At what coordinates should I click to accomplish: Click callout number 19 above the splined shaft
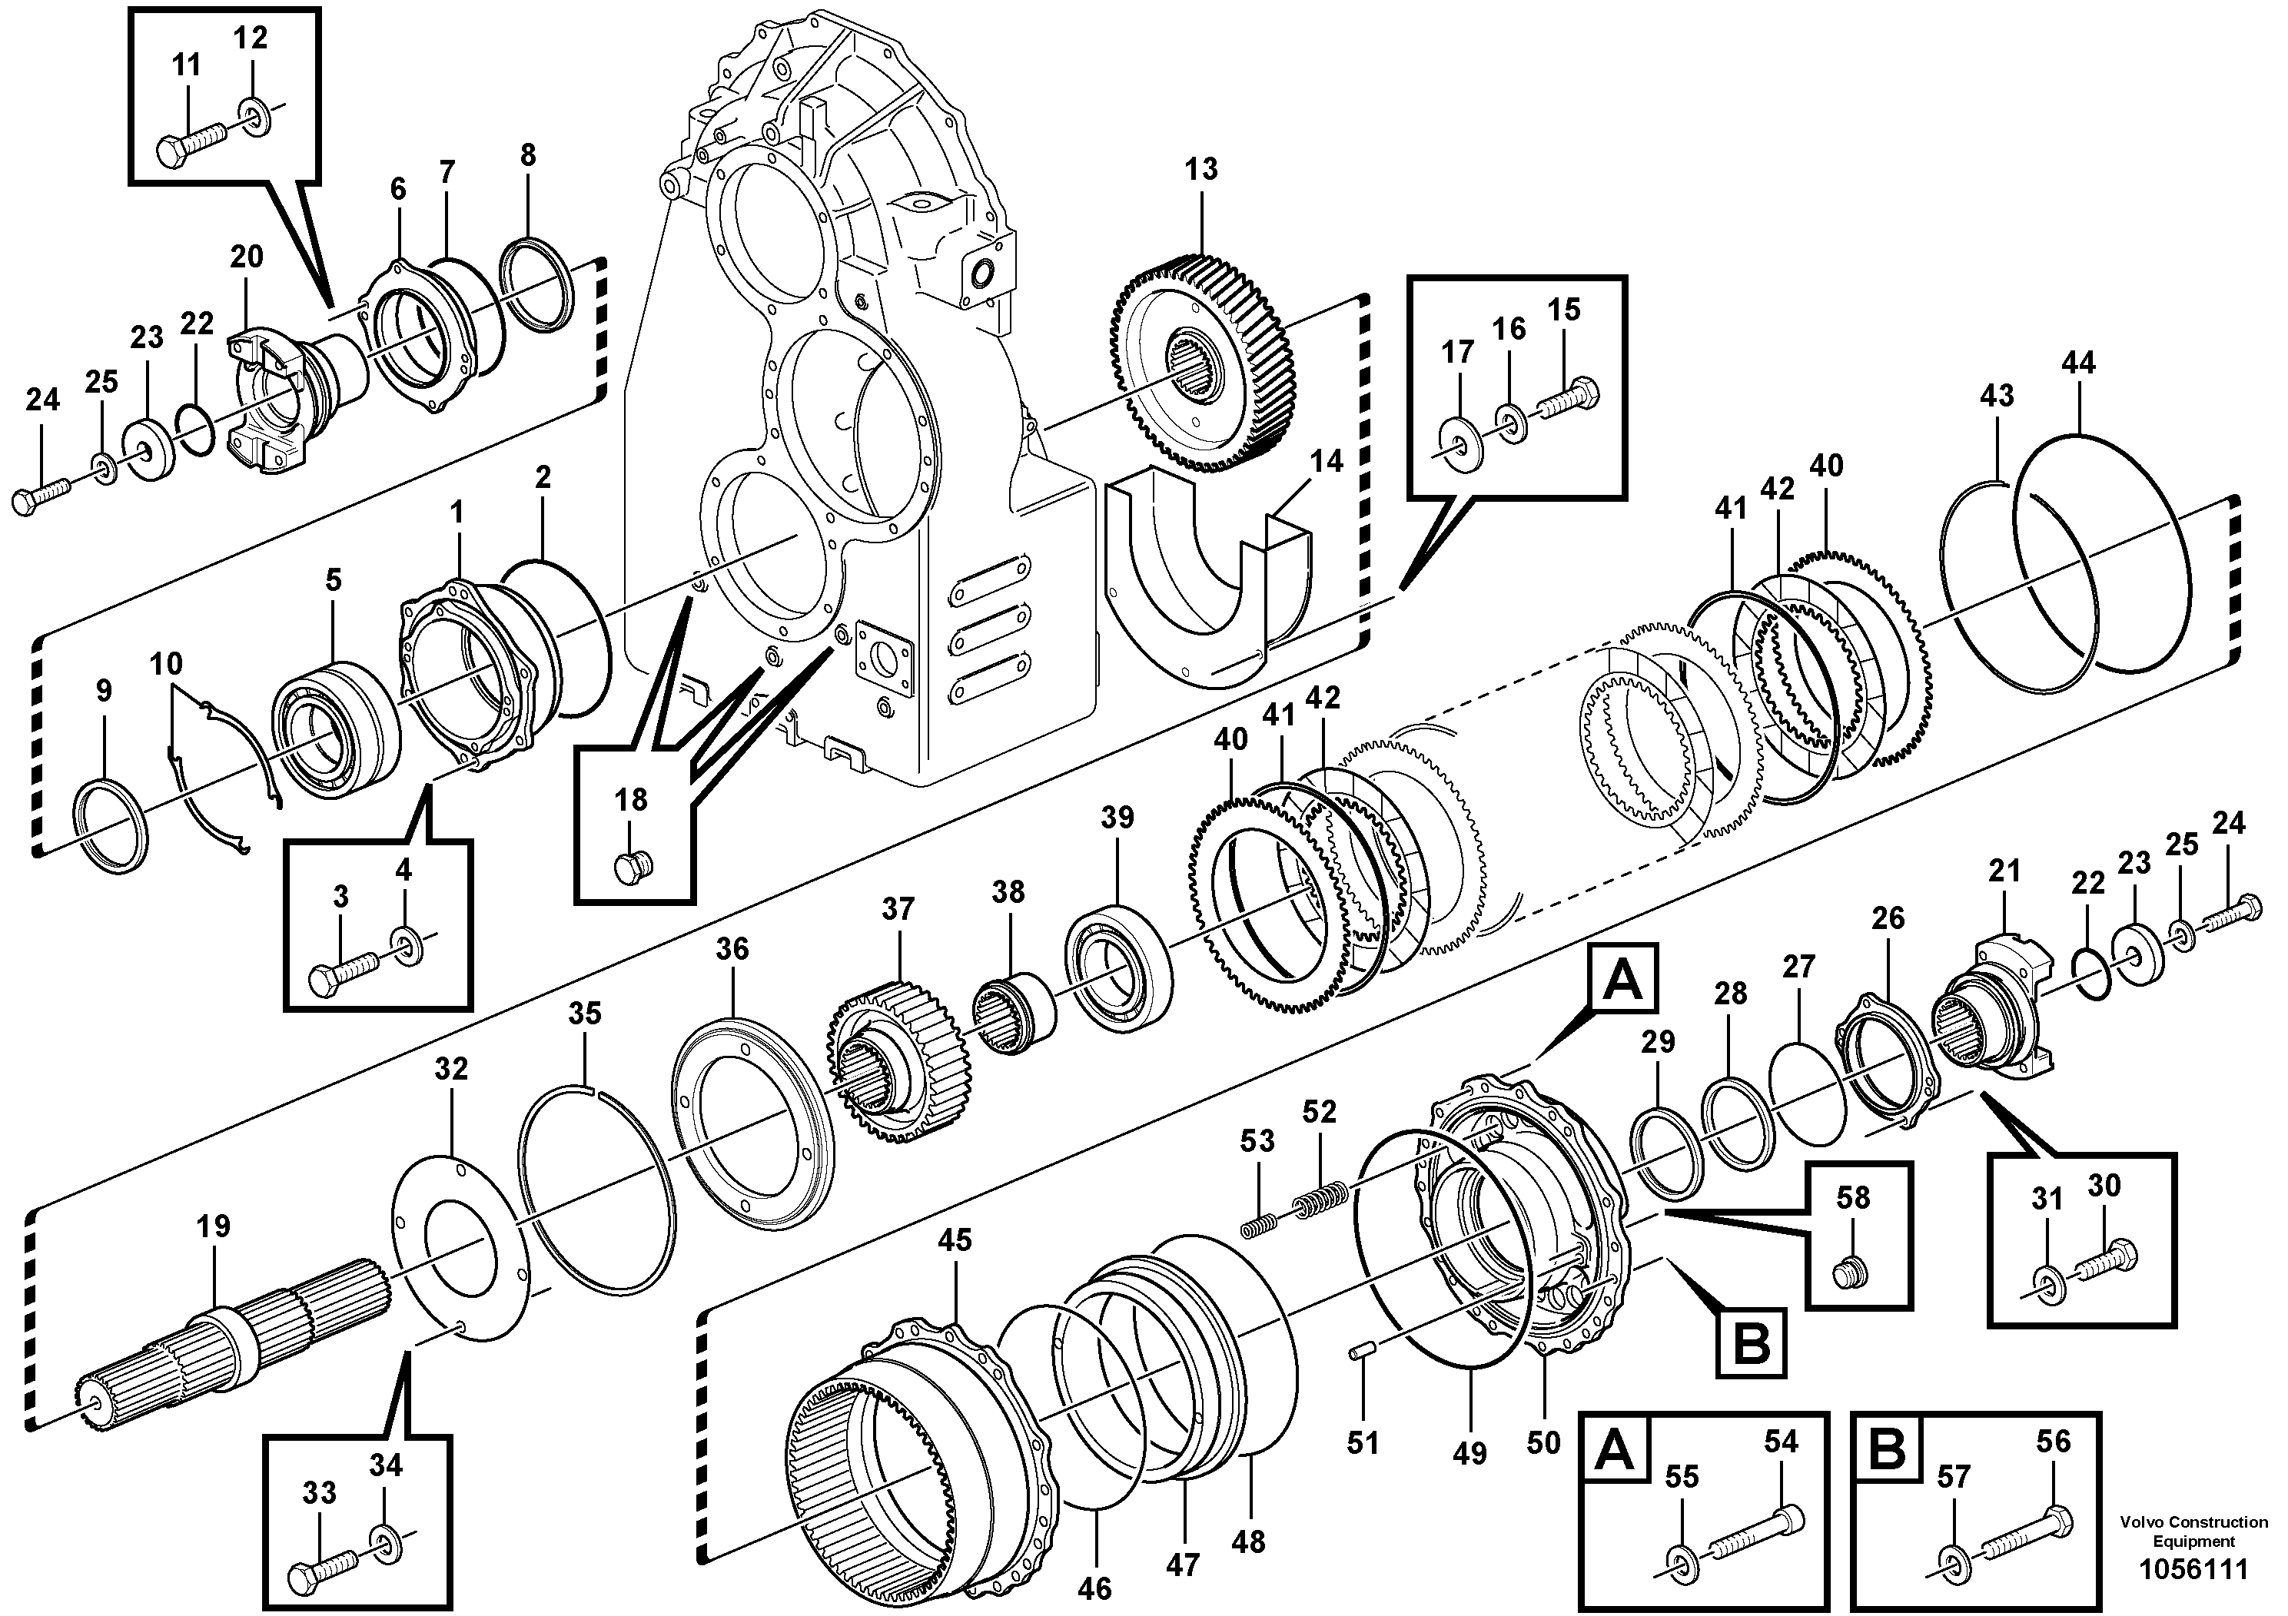[x=212, y=1226]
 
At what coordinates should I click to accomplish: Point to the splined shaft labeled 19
[x=239, y=1340]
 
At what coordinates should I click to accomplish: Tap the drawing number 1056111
[x=2193, y=1570]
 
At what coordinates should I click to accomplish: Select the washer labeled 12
[x=255, y=118]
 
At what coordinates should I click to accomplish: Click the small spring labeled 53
[x=1257, y=1226]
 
